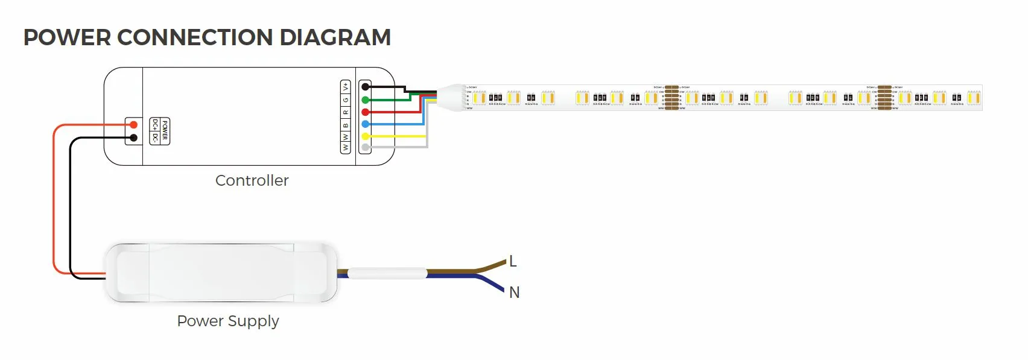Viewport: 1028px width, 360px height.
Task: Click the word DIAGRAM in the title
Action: (x=335, y=37)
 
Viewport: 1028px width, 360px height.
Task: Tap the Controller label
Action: (x=252, y=180)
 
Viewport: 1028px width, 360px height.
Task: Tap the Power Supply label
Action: (x=227, y=321)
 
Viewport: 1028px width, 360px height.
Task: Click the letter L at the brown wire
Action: (x=513, y=262)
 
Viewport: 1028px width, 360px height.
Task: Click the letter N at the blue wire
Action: (x=514, y=292)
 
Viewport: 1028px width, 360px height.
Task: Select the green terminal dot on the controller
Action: (x=365, y=99)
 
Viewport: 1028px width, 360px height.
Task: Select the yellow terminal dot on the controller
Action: (x=365, y=136)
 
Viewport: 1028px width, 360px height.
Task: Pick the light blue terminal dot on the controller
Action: (x=365, y=124)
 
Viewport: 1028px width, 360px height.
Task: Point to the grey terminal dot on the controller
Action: (x=365, y=148)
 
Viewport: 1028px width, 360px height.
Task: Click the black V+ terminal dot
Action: (x=365, y=87)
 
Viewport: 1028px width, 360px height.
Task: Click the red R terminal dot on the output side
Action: (x=365, y=112)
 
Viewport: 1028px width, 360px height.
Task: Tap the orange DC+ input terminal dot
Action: (x=134, y=125)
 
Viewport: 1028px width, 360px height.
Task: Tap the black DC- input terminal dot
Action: (x=134, y=138)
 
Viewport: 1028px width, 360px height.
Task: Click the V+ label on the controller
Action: (x=346, y=87)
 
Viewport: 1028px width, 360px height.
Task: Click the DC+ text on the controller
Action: (x=156, y=125)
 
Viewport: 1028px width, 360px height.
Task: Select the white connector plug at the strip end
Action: (x=452, y=97)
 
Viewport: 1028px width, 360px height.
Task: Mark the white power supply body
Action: (x=221, y=273)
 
